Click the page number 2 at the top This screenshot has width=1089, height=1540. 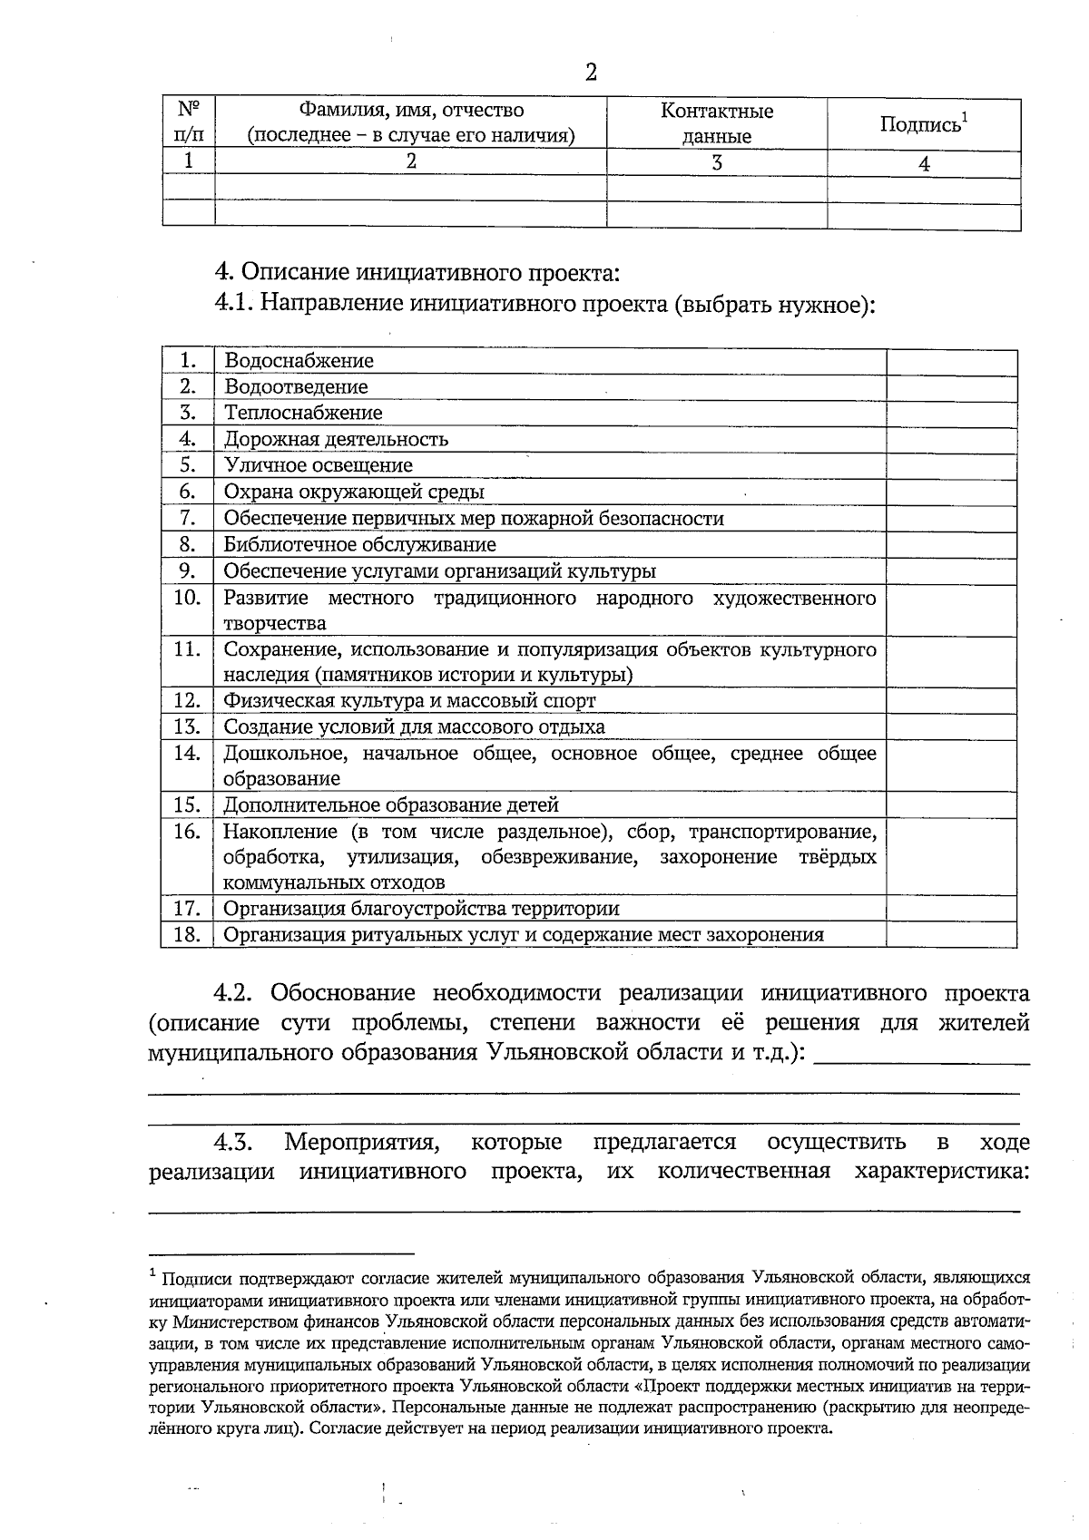[591, 73]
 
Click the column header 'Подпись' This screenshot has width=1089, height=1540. [921, 124]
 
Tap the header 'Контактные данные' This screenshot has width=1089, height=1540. [716, 123]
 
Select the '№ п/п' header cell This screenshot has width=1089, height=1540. [189, 122]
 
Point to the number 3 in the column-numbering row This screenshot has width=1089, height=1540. [716, 163]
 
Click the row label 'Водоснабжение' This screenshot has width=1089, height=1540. [299, 361]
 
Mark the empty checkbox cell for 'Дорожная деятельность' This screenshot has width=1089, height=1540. [951, 440]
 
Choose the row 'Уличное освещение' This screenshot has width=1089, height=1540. [318, 465]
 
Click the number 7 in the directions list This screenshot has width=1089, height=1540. [188, 518]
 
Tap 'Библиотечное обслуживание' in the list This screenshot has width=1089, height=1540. [359, 544]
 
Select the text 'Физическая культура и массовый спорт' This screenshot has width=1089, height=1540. [409, 700]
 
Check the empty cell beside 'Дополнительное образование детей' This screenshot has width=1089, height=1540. [951, 804]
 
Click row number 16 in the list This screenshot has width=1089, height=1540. [187, 832]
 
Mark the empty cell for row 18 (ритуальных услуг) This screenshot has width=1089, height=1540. [951, 935]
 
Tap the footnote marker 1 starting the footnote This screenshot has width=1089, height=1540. [153, 1274]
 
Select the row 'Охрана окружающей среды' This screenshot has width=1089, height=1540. [354, 492]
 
